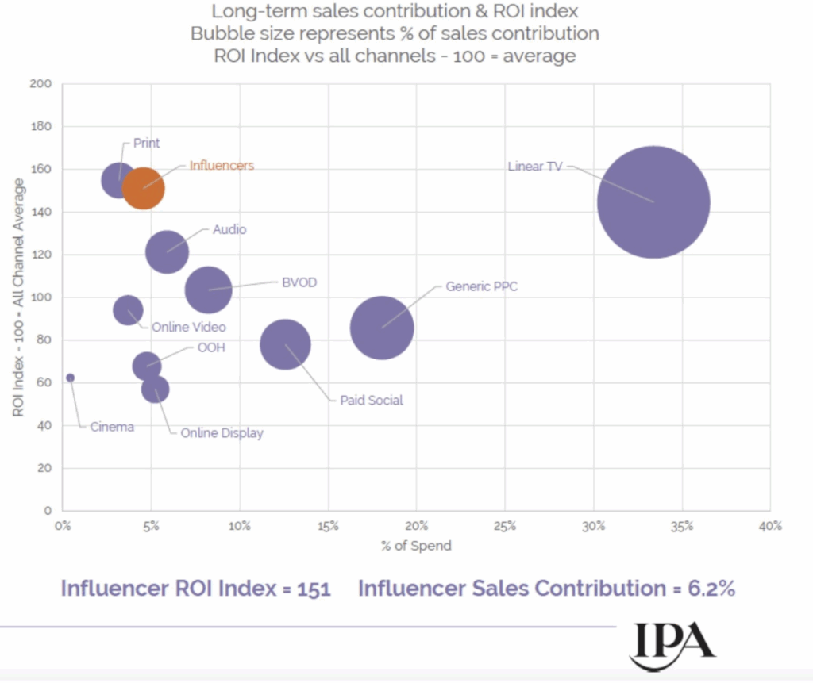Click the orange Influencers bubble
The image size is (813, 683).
coord(143,188)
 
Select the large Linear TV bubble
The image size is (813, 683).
coord(653,202)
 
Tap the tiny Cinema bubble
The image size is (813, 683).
coord(70,378)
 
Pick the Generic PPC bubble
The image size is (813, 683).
coord(382,328)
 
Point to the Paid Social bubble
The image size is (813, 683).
coord(285,344)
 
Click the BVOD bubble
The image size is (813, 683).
coord(208,290)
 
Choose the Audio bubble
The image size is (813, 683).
coord(167,252)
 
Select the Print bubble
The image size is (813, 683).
coord(119,180)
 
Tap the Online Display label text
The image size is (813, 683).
coord(222,433)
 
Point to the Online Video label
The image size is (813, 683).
coord(188,327)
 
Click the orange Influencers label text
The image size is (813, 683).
coord(222,166)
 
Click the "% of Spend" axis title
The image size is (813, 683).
coord(416,546)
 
